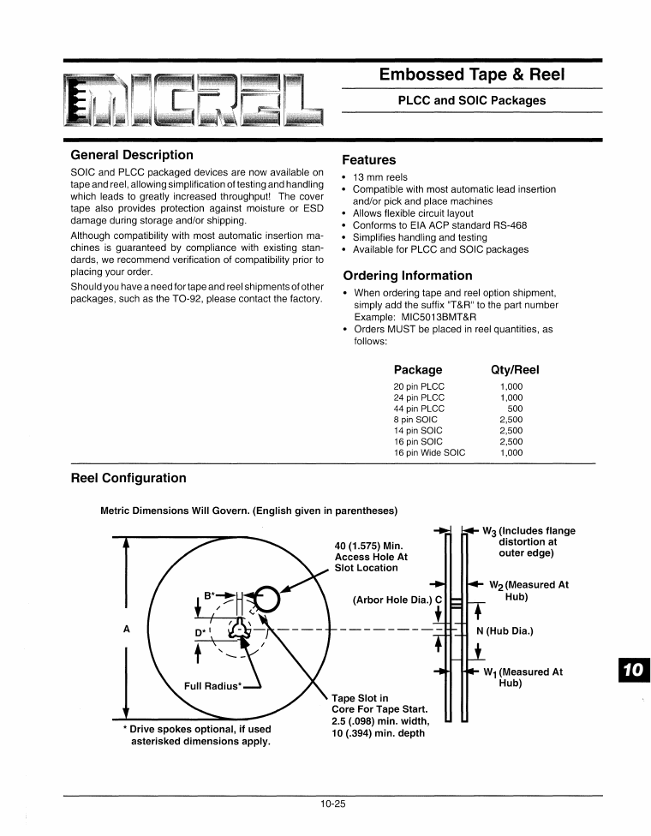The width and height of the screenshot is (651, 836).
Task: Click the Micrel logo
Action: (196, 99)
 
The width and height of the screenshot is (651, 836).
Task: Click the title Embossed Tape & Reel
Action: (471, 75)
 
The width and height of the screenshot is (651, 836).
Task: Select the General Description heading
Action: (131, 155)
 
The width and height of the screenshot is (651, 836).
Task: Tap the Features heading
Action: (368, 159)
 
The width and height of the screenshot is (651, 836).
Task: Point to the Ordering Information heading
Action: (407, 276)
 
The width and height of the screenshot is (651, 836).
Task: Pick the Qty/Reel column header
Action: (514, 370)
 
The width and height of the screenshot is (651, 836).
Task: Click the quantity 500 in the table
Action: (515, 409)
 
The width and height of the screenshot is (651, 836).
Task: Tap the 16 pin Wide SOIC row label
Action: (429, 453)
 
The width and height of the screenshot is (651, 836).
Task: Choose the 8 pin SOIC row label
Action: (416, 420)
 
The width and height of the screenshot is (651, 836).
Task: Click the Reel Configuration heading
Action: (128, 478)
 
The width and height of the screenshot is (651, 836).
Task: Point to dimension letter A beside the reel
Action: (127, 628)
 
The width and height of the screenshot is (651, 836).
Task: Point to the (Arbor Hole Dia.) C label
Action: (397, 599)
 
